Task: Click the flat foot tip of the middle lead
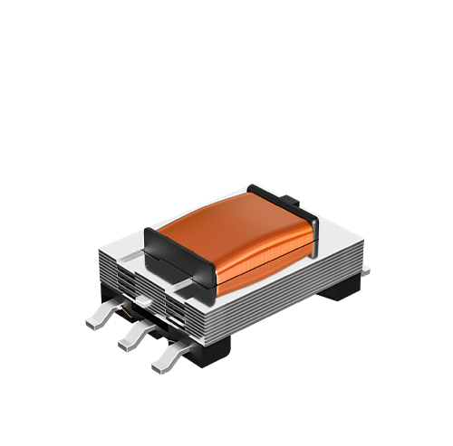(x=124, y=343)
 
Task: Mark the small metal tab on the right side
(x=365, y=269)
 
